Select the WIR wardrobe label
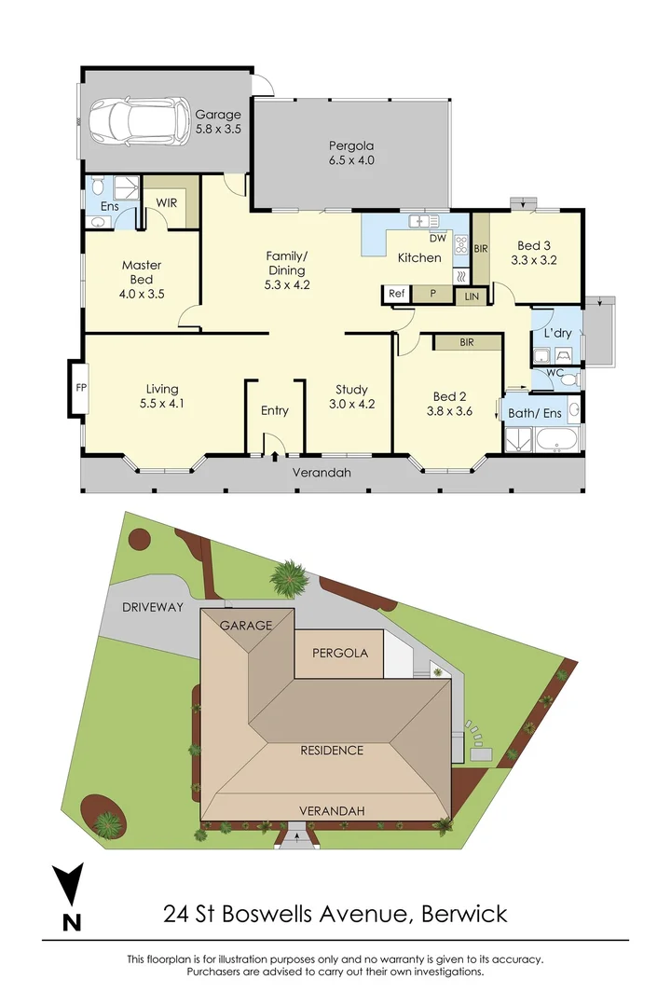click(167, 202)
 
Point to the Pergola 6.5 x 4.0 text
click(350, 153)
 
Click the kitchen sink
click(424, 221)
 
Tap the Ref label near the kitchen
click(397, 294)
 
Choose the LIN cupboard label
click(471, 296)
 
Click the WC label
click(555, 373)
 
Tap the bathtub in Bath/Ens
click(558, 439)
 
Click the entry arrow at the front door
click(275, 455)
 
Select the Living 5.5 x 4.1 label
click(161, 396)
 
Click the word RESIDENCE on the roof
click(331, 750)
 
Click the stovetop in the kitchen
click(460, 245)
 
